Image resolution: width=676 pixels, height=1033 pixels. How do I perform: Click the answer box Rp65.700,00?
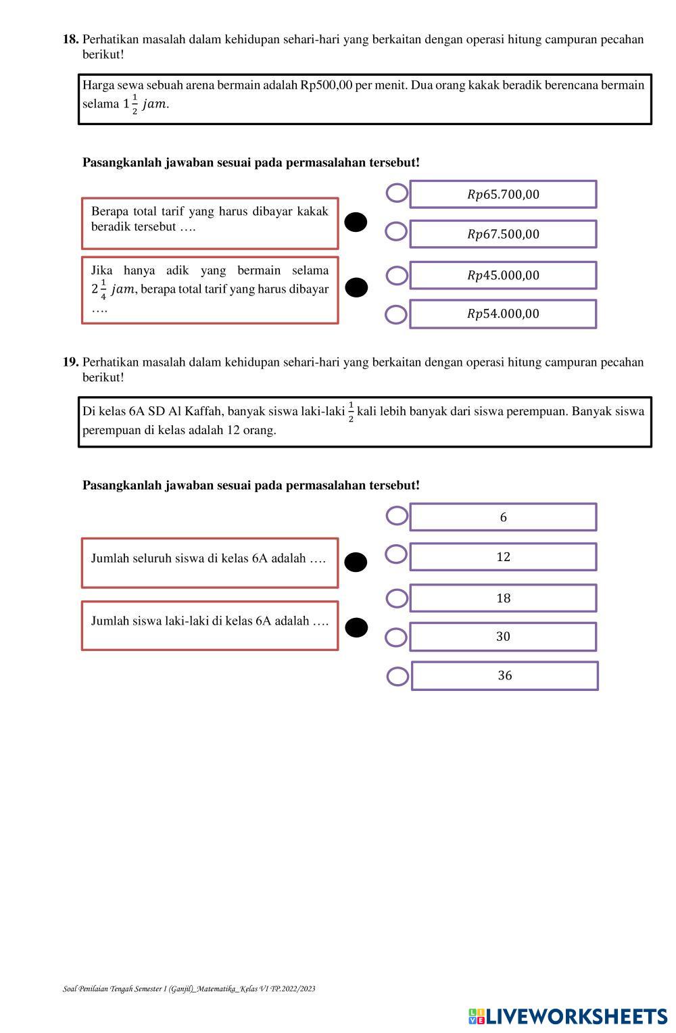[503, 195]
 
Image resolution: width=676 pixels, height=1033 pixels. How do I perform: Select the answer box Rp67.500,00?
[503, 234]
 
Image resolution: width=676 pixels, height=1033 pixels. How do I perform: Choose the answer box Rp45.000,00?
[503, 275]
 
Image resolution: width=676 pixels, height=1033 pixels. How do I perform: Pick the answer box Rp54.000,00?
[503, 314]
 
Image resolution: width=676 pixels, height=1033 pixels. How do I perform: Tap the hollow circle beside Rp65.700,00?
[397, 193]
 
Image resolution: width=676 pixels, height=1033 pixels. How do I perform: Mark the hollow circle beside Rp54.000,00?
[396, 314]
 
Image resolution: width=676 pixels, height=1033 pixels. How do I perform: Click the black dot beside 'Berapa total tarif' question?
[356, 222]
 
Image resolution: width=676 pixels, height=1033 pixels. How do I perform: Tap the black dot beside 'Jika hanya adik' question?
[356, 288]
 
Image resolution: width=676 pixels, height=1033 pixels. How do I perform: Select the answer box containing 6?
[503, 517]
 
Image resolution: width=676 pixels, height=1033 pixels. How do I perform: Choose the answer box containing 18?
[503, 598]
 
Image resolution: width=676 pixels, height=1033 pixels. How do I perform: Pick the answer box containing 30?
[503, 637]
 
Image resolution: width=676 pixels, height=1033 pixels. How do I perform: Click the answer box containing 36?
[504, 675]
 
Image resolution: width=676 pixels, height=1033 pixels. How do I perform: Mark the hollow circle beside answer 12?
[396, 555]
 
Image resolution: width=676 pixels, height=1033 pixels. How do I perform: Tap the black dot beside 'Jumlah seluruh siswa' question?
[356, 562]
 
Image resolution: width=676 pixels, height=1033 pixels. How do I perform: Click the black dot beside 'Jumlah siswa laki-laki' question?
[356, 627]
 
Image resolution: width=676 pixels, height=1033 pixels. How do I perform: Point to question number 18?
[71, 39]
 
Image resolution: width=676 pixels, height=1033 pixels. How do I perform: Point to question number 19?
[71, 362]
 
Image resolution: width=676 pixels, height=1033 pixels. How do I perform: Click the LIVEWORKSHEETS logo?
[567, 1016]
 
